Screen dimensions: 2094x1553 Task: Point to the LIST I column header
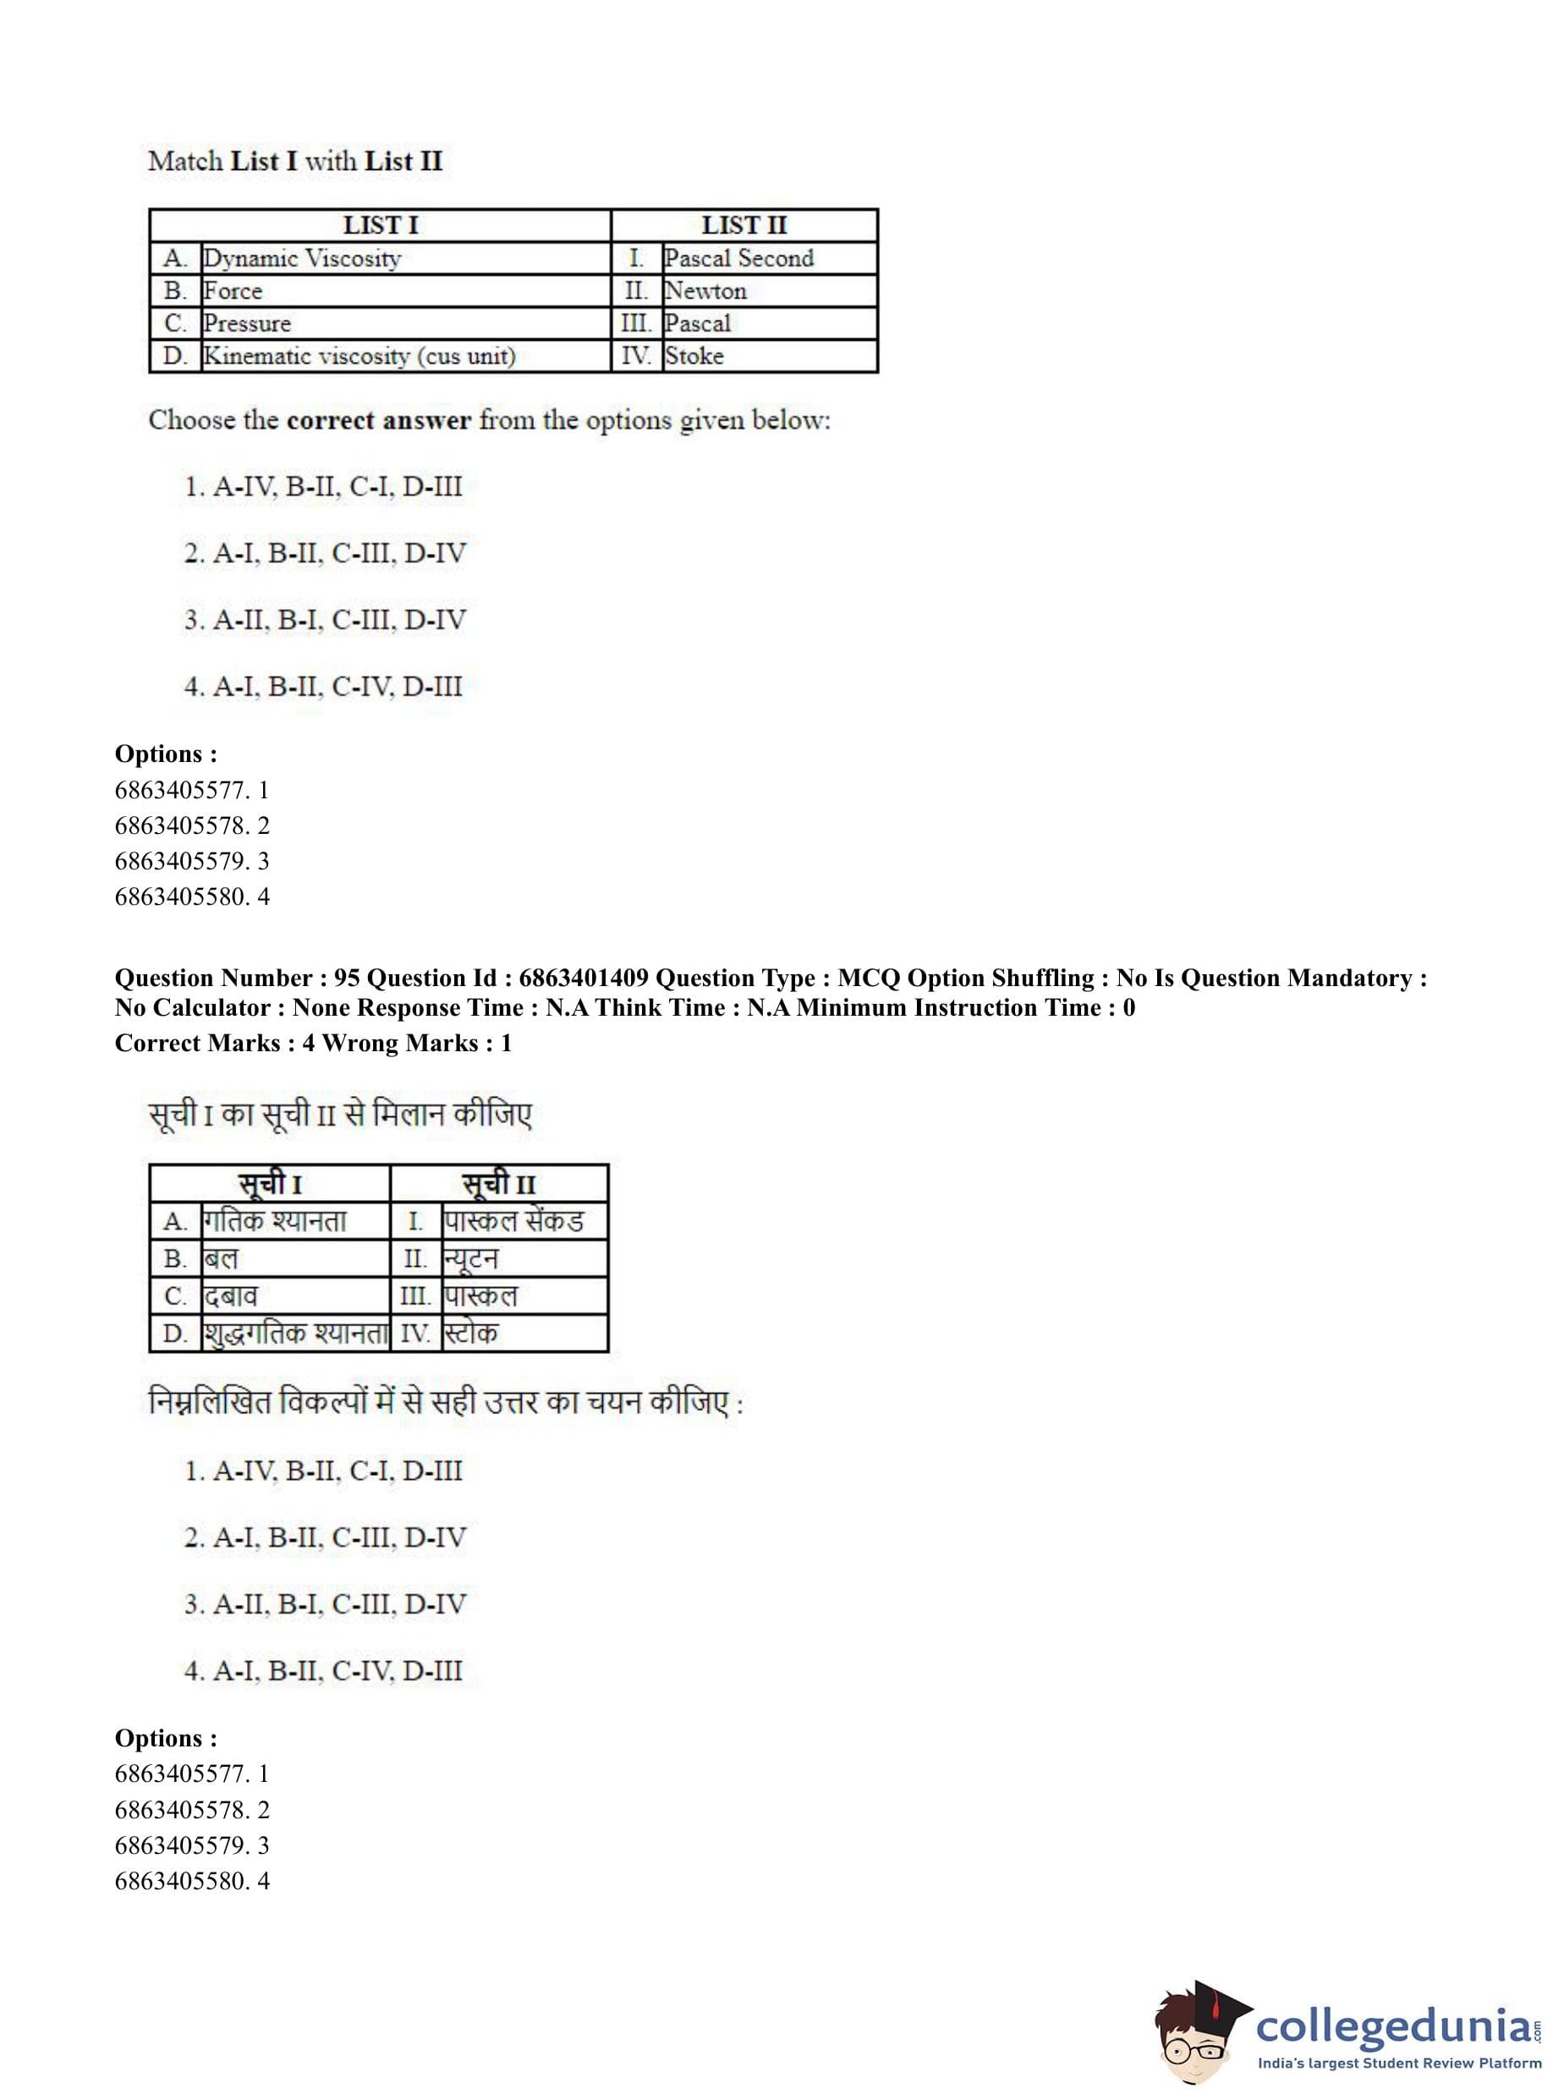point(380,226)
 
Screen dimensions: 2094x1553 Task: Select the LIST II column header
point(744,226)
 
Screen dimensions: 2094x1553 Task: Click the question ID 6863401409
point(583,978)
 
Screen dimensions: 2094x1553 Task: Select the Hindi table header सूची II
point(498,1183)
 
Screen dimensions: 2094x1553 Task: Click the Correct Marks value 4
point(309,1044)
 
